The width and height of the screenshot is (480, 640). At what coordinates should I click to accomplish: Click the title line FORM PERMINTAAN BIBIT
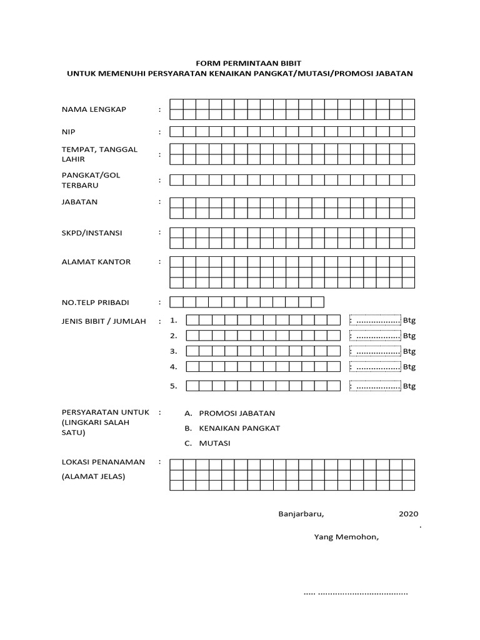tap(240, 63)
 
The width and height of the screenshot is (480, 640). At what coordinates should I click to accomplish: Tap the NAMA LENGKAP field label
tap(94, 109)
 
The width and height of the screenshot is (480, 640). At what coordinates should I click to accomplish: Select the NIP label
tap(68, 132)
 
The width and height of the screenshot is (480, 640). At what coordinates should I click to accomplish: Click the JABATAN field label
tap(79, 202)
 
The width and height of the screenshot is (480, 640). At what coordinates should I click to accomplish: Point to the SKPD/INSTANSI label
tap(91, 232)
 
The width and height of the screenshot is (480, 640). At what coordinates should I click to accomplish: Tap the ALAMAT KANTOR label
tap(96, 262)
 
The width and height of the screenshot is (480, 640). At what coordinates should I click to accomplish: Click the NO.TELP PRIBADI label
tap(95, 302)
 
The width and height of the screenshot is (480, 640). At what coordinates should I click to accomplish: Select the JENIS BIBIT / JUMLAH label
tap(103, 321)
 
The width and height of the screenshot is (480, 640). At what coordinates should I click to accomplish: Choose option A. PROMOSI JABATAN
tap(229, 413)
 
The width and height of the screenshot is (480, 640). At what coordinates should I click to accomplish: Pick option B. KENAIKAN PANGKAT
tap(232, 428)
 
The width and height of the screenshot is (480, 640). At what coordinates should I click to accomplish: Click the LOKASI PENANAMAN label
tap(103, 462)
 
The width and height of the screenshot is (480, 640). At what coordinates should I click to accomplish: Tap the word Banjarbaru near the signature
tap(301, 514)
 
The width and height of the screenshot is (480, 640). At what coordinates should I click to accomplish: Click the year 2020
tap(407, 514)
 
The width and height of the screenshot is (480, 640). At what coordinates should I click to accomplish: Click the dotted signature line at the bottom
tap(355, 592)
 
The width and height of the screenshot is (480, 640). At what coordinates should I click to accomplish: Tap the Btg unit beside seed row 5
tap(409, 386)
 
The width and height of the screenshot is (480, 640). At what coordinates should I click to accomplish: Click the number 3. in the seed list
tap(174, 351)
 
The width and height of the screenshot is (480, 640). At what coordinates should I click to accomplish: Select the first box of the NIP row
tap(176, 131)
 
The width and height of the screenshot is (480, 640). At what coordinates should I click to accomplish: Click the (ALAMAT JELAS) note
tap(92, 477)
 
